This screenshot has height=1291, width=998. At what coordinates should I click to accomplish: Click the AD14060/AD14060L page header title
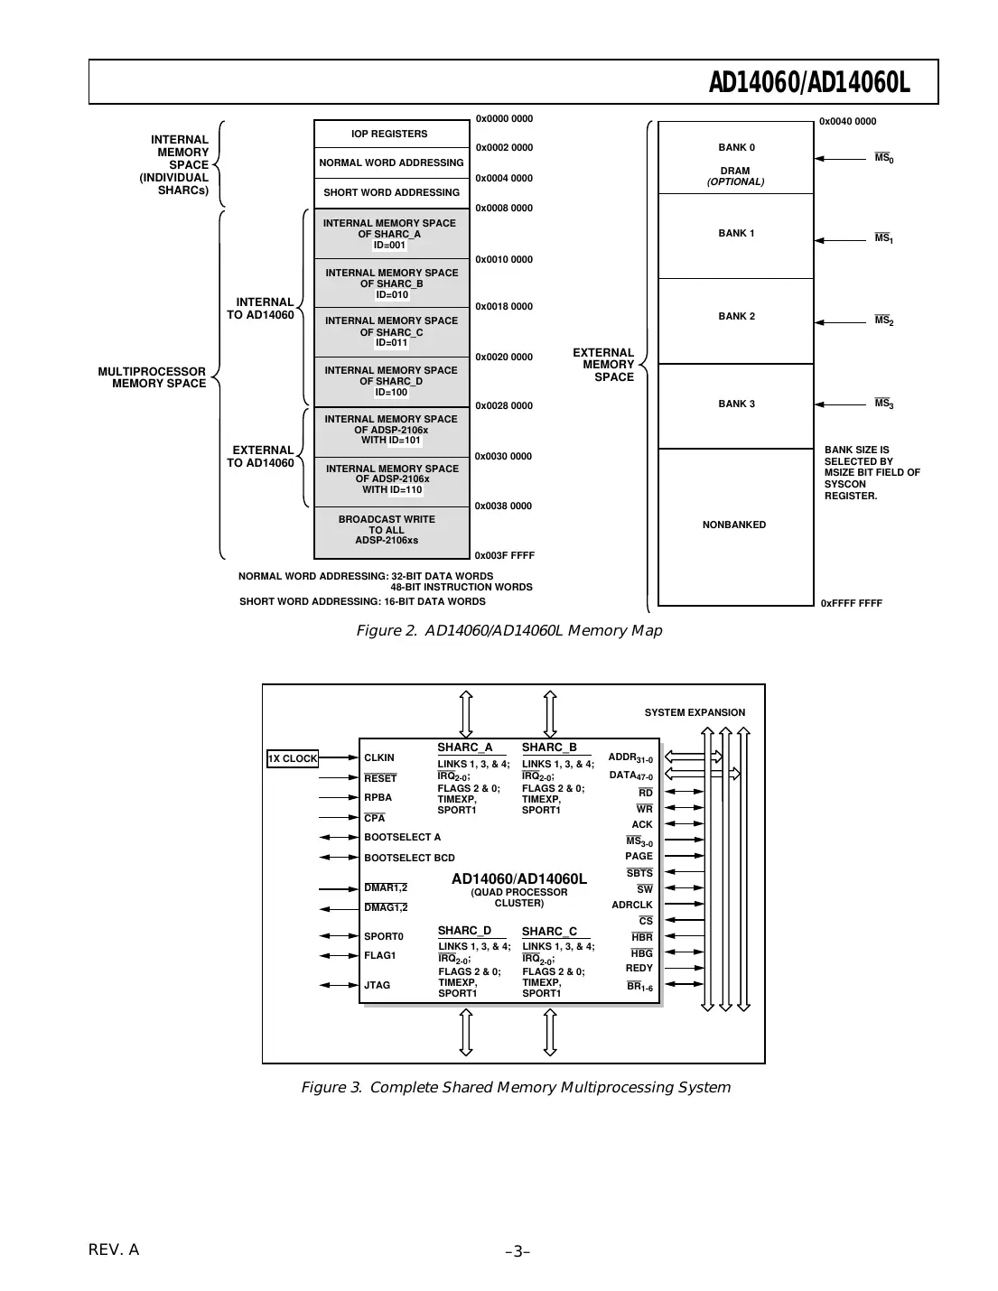(x=808, y=83)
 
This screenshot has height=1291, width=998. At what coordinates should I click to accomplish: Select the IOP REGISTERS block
(x=389, y=134)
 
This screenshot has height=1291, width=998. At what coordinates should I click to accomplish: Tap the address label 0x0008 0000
(x=504, y=209)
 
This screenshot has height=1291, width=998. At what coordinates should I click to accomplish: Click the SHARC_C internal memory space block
(x=391, y=331)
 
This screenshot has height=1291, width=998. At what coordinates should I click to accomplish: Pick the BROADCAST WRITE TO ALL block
(x=387, y=530)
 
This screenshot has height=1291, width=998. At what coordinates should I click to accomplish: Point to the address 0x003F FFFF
(x=504, y=556)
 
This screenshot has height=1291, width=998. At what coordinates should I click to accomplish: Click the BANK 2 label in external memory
(x=736, y=317)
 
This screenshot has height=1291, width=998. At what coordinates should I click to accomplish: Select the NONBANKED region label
(x=733, y=525)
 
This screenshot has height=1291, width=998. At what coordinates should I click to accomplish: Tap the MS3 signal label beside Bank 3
(x=883, y=404)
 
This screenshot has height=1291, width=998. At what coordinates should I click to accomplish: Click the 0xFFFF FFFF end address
(x=851, y=603)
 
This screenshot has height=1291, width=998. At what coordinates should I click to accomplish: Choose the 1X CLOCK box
(x=293, y=758)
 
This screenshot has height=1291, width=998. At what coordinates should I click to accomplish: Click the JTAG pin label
(x=378, y=985)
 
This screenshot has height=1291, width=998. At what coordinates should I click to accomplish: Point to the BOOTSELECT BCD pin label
(x=409, y=858)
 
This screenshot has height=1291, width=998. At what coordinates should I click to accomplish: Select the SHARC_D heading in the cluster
(x=464, y=931)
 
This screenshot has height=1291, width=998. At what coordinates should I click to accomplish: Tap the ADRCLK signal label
(x=631, y=905)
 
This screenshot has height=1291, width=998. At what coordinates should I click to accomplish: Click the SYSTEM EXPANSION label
(x=695, y=712)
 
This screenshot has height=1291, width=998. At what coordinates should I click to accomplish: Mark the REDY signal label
(x=639, y=968)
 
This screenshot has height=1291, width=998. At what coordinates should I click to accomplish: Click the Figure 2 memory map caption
(x=508, y=630)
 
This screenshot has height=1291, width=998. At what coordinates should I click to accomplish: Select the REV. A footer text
(x=114, y=1249)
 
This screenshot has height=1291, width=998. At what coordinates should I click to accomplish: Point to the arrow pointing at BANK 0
(x=840, y=159)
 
